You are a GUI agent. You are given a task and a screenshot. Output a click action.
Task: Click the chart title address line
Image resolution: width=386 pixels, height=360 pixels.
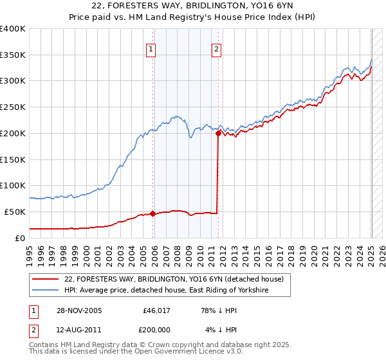click(x=193, y=7)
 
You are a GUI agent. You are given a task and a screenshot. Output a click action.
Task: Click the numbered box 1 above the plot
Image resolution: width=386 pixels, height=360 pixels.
click(x=151, y=48)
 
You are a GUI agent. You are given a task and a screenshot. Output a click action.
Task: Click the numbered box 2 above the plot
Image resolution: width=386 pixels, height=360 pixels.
click(x=217, y=48)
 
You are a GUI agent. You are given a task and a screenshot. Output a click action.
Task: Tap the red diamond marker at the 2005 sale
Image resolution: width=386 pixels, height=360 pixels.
click(x=153, y=213)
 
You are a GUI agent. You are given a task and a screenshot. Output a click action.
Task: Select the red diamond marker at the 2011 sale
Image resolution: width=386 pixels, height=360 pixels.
click(x=218, y=134)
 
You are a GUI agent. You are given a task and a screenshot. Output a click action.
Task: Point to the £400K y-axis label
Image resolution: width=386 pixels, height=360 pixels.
click(x=13, y=29)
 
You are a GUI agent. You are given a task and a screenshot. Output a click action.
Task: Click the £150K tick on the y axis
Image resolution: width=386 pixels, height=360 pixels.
click(x=13, y=159)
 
